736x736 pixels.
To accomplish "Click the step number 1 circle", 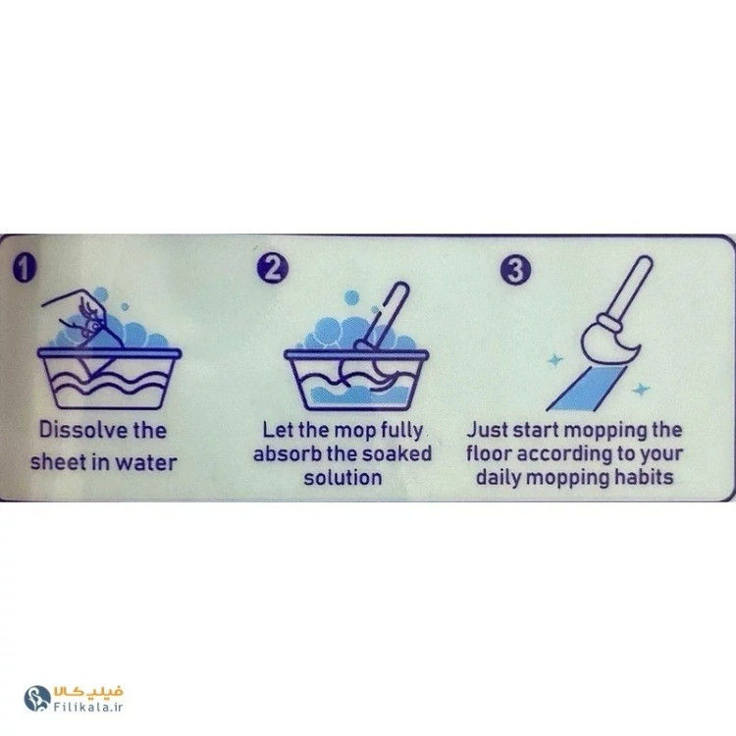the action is (25, 268).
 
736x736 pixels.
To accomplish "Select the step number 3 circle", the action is (515, 270).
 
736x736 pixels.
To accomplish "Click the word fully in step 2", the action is (401, 431).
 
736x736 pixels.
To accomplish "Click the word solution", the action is (342, 477).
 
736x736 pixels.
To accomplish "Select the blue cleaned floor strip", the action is (587, 389).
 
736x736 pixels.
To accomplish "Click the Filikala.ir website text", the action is (87, 707).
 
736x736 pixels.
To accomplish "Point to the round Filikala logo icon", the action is (37, 699).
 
